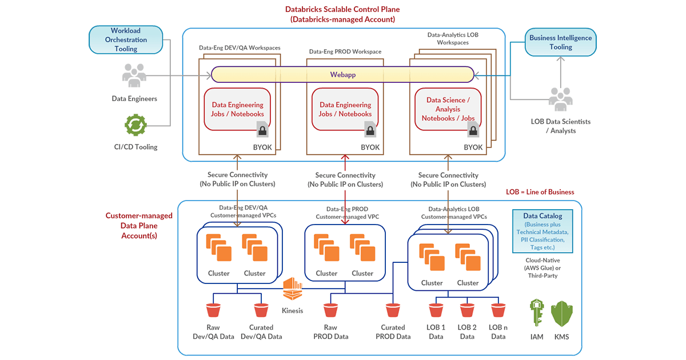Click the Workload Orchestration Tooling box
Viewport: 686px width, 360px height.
pyautogui.click(x=126, y=40)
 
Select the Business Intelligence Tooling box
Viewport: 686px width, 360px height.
pyautogui.click(x=561, y=43)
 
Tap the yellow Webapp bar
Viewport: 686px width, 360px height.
pyautogui.click(x=342, y=75)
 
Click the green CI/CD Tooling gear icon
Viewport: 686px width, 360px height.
pyautogui.click(x=135, y=125)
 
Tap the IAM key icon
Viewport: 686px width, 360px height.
pyautogui.click(x=537, y=313)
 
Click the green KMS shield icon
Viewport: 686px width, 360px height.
pyautogui.click(x=561, y=313)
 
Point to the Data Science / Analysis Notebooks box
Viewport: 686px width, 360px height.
pyautogui.click(x=448, y=109)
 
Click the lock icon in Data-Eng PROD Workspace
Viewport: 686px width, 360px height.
pyautogui.click(x=370, y=131)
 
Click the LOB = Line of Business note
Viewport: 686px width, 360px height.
pyautogui.click(x=540, y=192)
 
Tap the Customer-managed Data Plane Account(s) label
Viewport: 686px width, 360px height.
pyautogui.click(x=139, y=225)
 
